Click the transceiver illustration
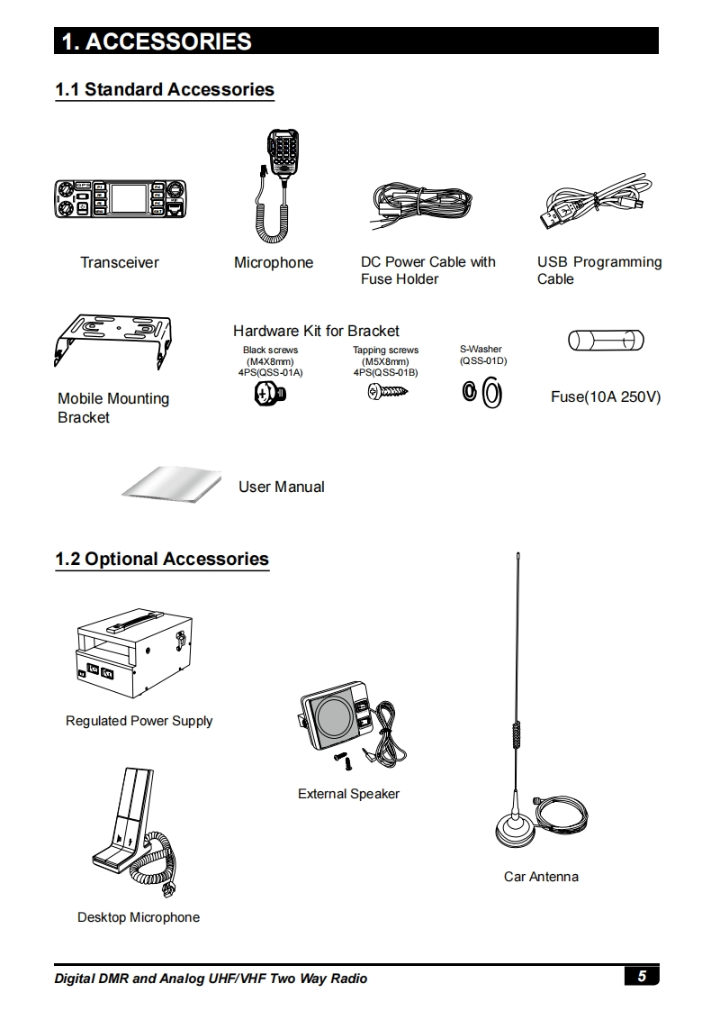coord(121,200)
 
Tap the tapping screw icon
coord(387,392)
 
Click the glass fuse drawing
coord(606,342)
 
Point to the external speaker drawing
coord(345,724)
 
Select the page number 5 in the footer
coord(641,977)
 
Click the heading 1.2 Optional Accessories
coord(162,559)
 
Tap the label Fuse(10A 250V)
coord(606,396)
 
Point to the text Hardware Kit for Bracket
coord(316,331)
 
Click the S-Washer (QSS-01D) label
coord(481,355)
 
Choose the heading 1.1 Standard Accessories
coord(165,89)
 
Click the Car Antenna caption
coord(541,876)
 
